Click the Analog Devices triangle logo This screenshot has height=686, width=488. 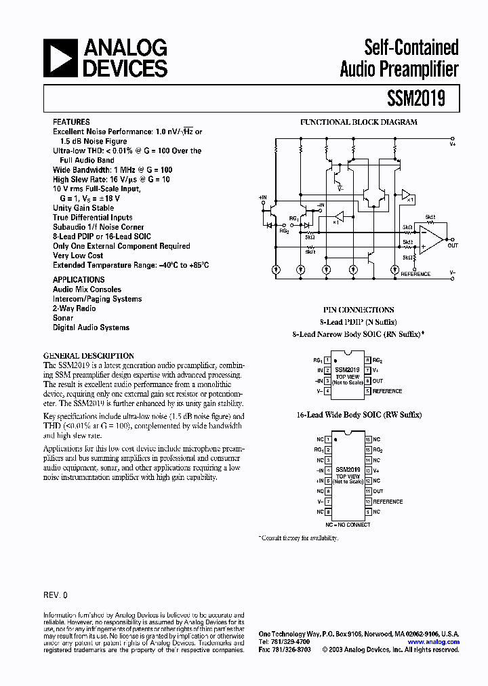(x=59, y=57)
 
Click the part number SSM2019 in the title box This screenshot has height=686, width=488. (x=415, y=98)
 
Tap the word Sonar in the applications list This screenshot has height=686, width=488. (x=63, y=318)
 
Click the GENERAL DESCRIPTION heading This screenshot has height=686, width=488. (x=89, y=356)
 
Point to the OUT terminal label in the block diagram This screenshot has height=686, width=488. (x=453, y=246)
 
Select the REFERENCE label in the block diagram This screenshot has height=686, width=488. (x=415, y=275)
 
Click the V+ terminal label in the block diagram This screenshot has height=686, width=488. (x=453, y=144)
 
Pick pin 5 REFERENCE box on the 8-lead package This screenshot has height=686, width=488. (x=367, y=391)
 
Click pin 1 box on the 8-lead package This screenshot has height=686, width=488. (x=327, y=361)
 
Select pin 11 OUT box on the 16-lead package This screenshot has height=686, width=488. (x=367, y=491)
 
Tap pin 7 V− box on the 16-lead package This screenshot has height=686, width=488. (x=327, y=502)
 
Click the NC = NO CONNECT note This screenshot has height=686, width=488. (x=347, y=525)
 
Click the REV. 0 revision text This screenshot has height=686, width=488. (x=56, y=594)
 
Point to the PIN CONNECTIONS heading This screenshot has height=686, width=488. (x=358, y=309)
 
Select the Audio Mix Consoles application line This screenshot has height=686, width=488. (x=87, y=289)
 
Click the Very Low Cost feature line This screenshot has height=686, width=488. (x=77, y=256)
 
